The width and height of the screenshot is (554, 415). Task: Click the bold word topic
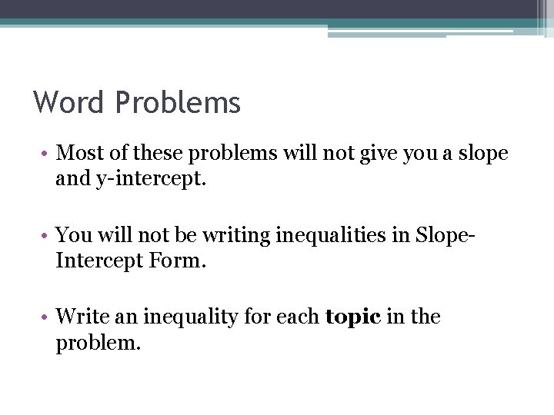click(x=352, y=317)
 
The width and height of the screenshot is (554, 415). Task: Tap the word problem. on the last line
click(x=98, y=343)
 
